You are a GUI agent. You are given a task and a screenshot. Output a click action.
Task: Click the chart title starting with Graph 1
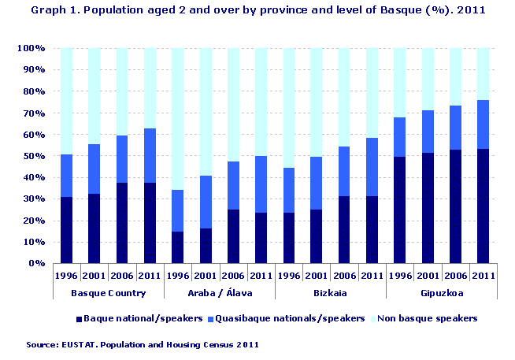point(257,11)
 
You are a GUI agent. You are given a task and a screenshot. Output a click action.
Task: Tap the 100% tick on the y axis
point(29,48)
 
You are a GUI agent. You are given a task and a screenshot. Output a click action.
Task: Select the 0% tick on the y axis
point(35,263)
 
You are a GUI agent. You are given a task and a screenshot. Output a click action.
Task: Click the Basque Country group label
point(108,293)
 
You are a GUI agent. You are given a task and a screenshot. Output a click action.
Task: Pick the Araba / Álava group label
point(219,293)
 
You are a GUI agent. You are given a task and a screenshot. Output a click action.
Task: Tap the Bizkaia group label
point(330,293)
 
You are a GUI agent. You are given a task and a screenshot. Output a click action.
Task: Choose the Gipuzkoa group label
point(441,293)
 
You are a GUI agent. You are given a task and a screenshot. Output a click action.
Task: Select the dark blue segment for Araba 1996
point(177,247)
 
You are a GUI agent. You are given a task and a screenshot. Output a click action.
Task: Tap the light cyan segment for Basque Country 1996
point(66,101)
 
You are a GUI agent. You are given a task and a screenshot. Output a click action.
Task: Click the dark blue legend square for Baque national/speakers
point(78,319)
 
